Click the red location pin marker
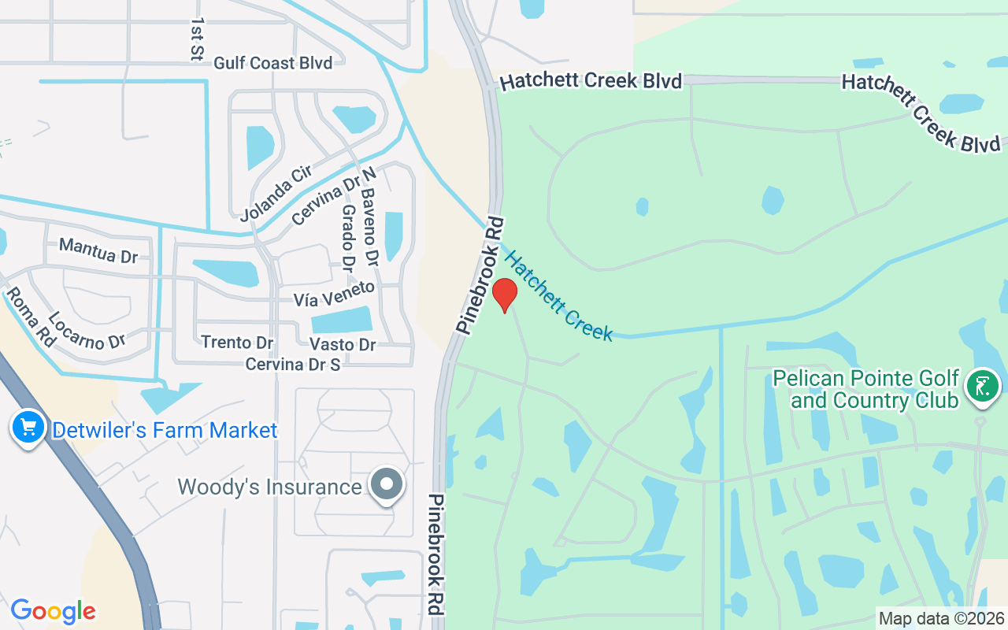click(504, 295)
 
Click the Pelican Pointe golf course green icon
click(982, 387)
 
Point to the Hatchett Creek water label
click(558, 295)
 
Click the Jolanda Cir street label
click(276, 193)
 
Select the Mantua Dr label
click(98, 251)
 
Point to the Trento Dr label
click(237, 343)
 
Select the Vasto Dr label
click(343, 344)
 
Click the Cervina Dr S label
click(293, 365)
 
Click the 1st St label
click(197, 39)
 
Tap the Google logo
click(54, 611)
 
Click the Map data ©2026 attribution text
click(941, 618)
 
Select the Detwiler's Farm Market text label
click(165, 431)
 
